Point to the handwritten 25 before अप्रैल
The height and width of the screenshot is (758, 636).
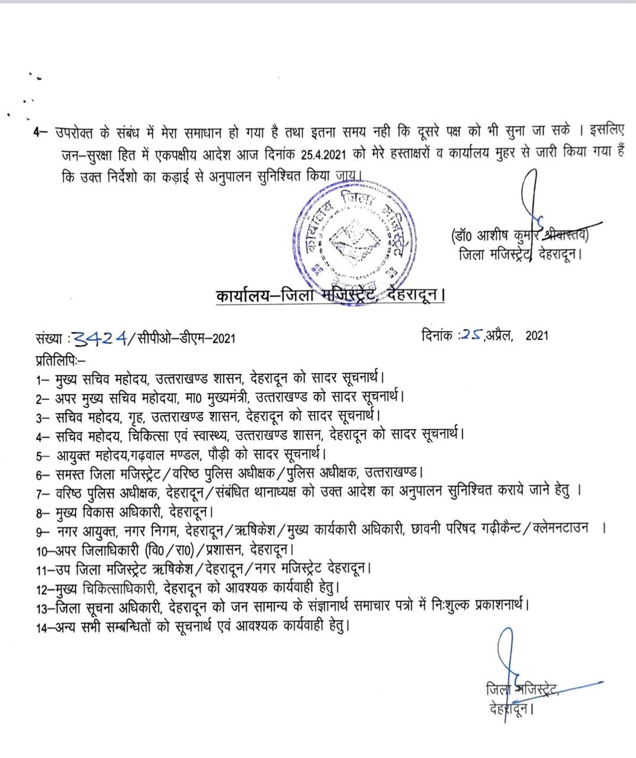[473, 335]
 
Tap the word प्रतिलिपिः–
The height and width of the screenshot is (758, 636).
[60, 358]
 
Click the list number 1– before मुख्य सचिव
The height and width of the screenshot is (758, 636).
[42, 377]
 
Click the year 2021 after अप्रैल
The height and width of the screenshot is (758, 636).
[537, 335]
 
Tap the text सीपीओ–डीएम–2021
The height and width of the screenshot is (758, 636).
[186, 339]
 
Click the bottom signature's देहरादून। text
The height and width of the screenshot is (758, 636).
[511, 708]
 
